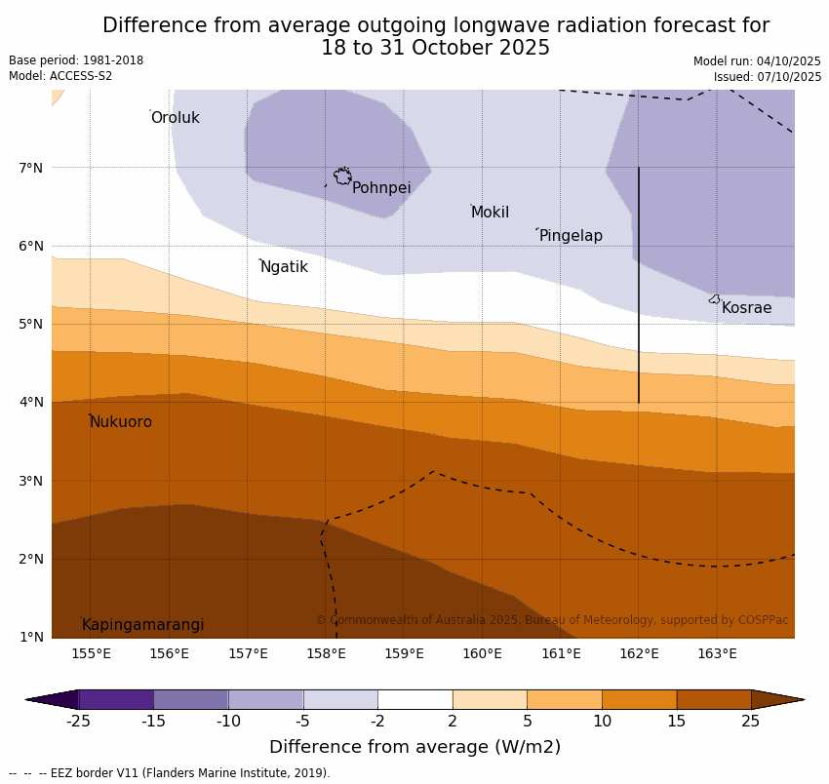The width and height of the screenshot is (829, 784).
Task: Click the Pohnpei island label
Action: coord(381,188)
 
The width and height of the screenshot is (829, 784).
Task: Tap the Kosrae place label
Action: coord(746,308)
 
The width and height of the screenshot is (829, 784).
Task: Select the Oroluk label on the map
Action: coord(175,118)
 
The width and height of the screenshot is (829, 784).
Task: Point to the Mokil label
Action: coord(490,213)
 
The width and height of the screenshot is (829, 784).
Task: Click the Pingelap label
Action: coord(571,236)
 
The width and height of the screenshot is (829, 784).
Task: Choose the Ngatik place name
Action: coord(284,267)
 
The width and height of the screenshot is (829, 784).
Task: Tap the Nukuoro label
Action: coord(121,422)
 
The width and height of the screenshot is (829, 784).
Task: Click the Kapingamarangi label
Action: coord(142,625)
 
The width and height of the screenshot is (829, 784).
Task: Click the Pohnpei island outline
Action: coord(342,176)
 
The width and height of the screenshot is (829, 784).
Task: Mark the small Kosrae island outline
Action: coord(715,299)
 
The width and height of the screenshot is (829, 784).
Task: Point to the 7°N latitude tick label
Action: coord(31,168)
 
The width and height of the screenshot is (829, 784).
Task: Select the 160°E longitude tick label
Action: coord(482,653)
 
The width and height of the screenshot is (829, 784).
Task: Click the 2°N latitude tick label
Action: coord(31,559)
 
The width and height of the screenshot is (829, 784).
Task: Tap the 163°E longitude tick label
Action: coord(717,653)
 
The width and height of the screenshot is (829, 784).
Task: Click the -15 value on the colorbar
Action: coord(153,722)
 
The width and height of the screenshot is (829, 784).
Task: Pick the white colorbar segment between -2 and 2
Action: coord(414,699)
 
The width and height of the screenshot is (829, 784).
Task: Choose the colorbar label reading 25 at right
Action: coord(751,722)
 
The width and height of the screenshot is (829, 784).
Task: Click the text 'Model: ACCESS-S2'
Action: coord(60,76)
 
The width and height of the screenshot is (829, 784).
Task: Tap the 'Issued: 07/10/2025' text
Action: coord(767,77)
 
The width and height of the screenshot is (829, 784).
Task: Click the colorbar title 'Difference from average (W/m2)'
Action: coord(414,748)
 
